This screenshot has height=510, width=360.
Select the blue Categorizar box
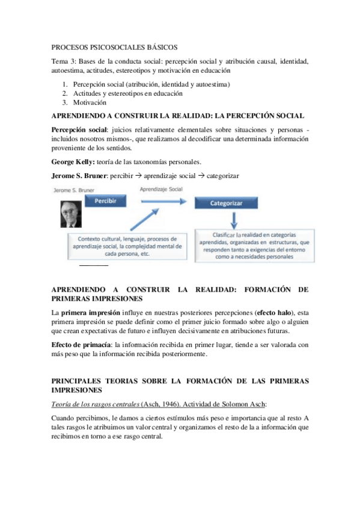(x=225, y=204)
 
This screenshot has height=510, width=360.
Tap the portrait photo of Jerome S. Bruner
(x=71, y=213)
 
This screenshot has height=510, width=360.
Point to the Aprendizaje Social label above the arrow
(x=161, y=189)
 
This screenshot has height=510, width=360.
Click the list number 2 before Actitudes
(x=65, y=93)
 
